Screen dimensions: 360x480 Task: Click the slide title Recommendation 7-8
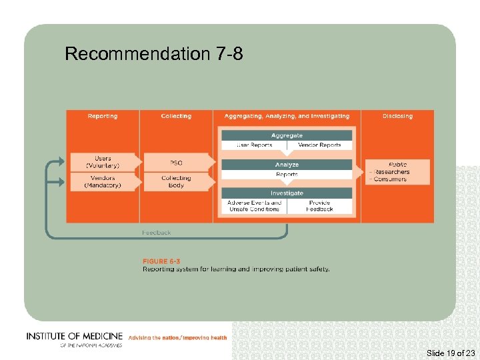pyautogui.click(x=153, y=54)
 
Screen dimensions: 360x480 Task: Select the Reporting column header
pyautogui.click(x=102, y=116)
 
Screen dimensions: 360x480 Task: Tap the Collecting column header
pyautogui.click(x=176, y=116)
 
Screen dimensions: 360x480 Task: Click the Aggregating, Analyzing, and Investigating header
pyautogui.click(x=287, y=116)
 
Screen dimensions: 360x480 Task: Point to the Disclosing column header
pyautogui.click(x=397, y=116)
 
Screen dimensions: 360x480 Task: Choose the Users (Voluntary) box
pyautogui.click(x=103, y=162)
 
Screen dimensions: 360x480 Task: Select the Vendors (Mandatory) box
pyautogui.click(x=103, y=181)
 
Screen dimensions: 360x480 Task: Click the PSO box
pyautogui.click(x=176, y=163)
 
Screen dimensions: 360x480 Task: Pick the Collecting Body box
pyautogui.click(x=176, y=181)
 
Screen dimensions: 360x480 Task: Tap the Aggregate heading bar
pyautogui.click(x=287, y=135)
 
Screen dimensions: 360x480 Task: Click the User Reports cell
pyautogui.click(x=254, y=145)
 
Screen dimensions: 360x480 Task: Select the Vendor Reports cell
pyautogui.click(x=319, y=145)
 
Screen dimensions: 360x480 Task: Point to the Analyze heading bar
pyautogui.click(x=287, y=165)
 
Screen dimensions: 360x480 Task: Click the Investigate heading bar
pyautogui.click(x=287, y=193)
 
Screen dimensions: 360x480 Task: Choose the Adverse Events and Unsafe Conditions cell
pyautogui.click(x=255, y=206)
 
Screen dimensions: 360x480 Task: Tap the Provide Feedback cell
pyautogui.click(x=319, y=206)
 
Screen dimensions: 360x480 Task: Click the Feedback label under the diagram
pyautogui.click(x=156, y=233)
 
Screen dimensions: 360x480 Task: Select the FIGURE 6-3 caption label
pyautogui.click(x=161, y=261)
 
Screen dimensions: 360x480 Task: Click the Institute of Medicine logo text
pyautogui.click(x=74, y=337)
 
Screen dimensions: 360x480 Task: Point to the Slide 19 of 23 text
pyautogui.click(x=450, y=353)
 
